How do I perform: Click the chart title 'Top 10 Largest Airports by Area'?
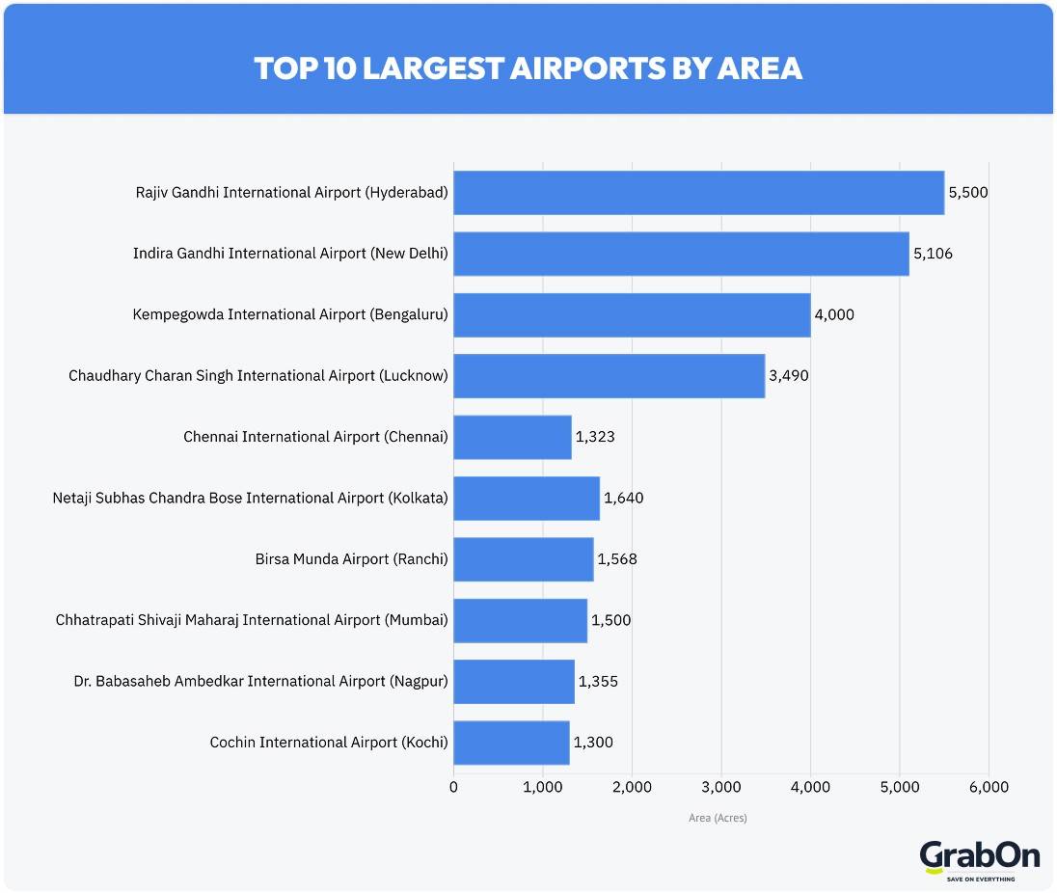pos(528,68)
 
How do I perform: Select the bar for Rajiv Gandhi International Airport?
pos(698,193)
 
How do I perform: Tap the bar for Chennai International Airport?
pos(512,437)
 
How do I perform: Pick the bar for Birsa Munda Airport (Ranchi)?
pos(523,559)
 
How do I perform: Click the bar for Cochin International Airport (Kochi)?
pos(511,743)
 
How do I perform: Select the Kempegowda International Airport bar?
pos(632,315)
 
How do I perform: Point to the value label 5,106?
pos(933,254)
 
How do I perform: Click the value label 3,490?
pos(788,376)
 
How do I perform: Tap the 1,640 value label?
pos(623,499)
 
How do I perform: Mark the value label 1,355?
pos(598,682)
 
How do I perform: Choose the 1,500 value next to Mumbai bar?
pos(610,620)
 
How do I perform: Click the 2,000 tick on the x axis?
pos(632,787)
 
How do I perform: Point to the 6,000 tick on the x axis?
pos(989,787)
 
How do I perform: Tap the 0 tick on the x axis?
pos(453,787)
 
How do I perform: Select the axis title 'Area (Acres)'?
pos(718,819)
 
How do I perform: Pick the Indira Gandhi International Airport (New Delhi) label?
pos(290,254)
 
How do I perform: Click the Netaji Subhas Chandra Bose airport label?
pos(250,499)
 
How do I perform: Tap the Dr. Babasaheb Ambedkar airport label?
pos(260,682)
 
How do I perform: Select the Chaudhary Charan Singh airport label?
pos(257,376)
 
